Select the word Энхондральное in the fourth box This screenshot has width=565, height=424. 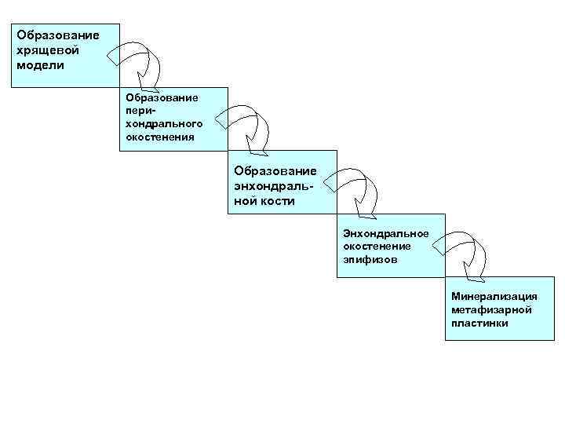[385, 234]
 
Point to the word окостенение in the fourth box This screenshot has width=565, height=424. [377, 247]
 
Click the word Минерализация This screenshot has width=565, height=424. [494, 297]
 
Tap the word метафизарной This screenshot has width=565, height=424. [491, 309]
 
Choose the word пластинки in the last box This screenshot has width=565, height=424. [479, 323]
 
